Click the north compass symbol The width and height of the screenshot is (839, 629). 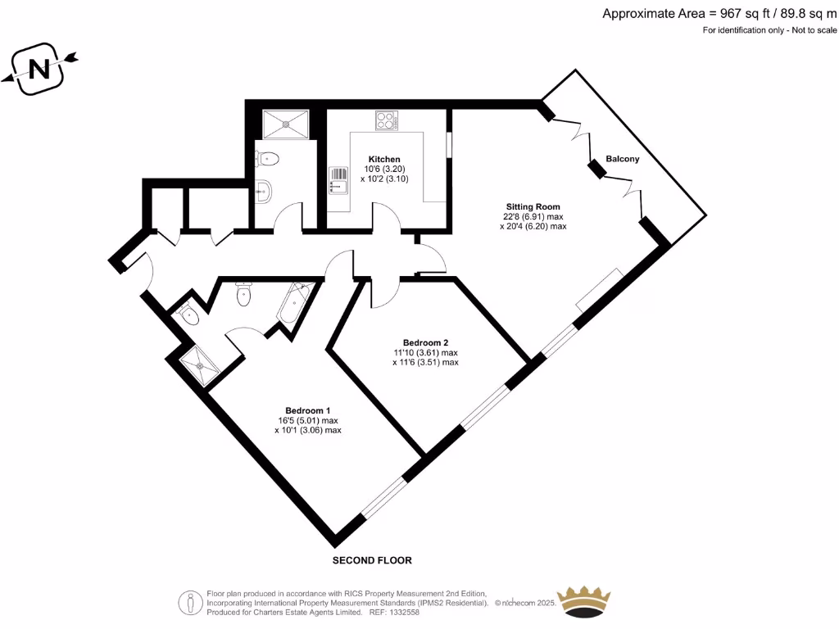pyautogui.click(x=39, y=69)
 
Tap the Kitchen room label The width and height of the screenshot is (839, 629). pyautogui.click(x=384, y=159)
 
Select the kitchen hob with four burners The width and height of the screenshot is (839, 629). pyautogui.click(x=386, y=120)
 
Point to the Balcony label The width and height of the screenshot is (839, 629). pyautogui.click(x=622, y=159)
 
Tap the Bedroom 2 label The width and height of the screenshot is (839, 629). pyautogui.click(x=425, y=342)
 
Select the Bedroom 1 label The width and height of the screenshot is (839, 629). pyautogui.click(x=307, y=410)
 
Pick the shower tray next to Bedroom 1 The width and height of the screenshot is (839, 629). pyautogui.click(x=202, y=364)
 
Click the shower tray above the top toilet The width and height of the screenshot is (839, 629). pyautogui.click(x=286, y=124)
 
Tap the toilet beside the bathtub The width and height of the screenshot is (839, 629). pyautogui.click(x=243, y=295)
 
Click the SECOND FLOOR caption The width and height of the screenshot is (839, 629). pyautogui.click(x=371, y=561)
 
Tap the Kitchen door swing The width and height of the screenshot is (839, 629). pyautogui.click(x=388, y=217)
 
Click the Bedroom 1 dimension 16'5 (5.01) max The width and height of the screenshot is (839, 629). pyautogui.click(x=307, y=420)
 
